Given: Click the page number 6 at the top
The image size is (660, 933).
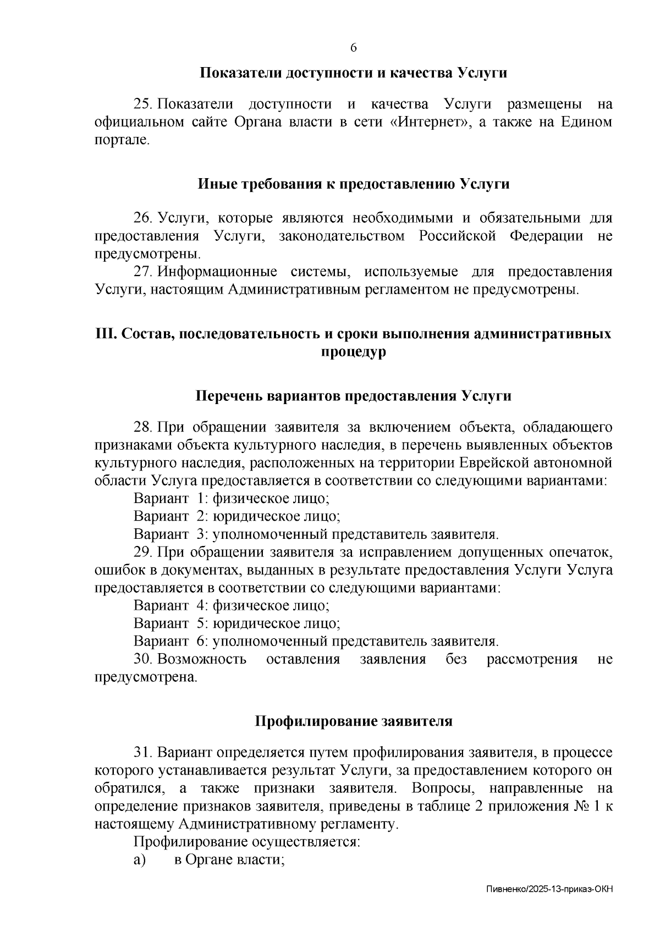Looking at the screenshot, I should [354, 48].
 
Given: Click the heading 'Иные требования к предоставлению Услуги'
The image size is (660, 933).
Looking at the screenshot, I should [353, 184].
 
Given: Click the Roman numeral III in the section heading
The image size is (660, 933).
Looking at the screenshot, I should [104, 334].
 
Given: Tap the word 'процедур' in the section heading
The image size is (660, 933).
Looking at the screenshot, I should [353, 352].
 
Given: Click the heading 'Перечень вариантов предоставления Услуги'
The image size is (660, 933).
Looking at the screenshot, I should [353, 396].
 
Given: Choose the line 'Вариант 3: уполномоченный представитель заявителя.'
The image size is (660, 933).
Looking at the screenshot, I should [316, 534].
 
